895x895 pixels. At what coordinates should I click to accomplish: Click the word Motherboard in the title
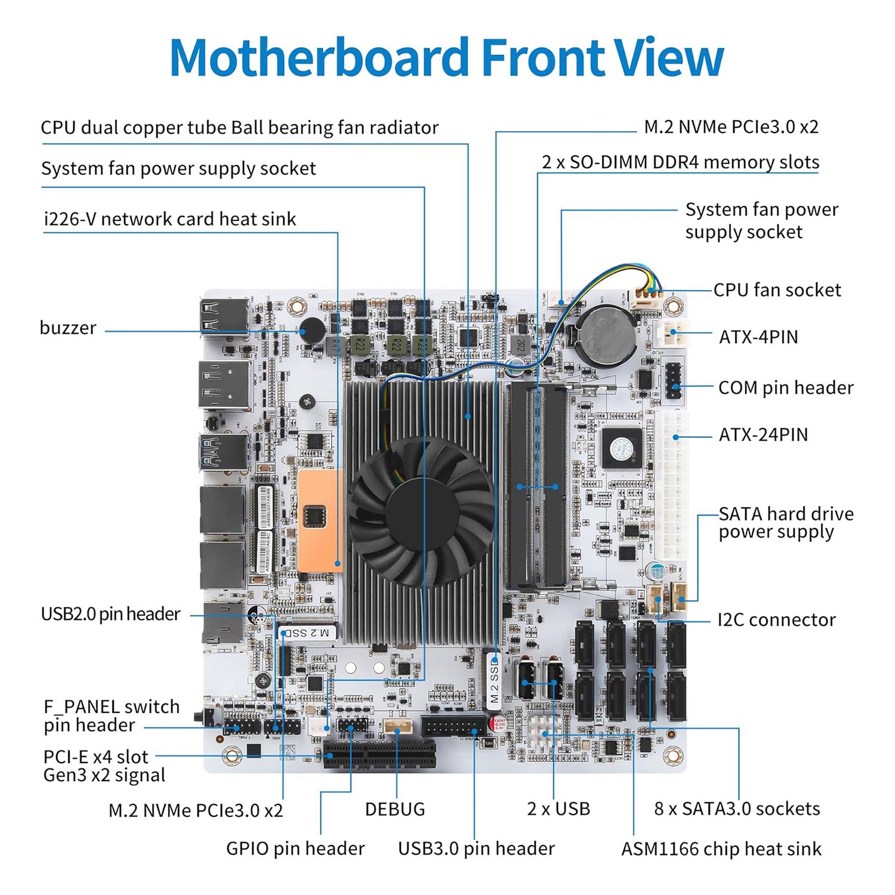(319, 58)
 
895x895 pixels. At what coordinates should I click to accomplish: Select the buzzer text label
(67, 328)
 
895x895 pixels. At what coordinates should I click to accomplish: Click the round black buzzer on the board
(311, 330)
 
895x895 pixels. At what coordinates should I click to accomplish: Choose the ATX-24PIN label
(763, 435)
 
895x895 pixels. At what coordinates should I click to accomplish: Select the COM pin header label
(785, 388)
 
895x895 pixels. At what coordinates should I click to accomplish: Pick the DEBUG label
(394, 810)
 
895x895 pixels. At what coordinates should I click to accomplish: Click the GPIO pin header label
(295, 848)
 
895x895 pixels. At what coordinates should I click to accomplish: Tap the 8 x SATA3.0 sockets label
(737, 809)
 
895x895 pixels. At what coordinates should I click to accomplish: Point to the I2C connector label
(776, 620)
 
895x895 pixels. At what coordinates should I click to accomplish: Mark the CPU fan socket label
(777, 291)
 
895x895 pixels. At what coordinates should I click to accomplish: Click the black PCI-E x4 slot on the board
(379, 754)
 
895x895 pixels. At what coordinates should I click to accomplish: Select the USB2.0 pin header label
(110, 614)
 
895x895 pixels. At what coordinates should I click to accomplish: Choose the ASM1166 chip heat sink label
(721, 849)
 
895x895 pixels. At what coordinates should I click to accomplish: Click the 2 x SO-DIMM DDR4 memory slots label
(680, 162)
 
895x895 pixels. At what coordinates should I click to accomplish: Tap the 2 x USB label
(558, 809)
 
